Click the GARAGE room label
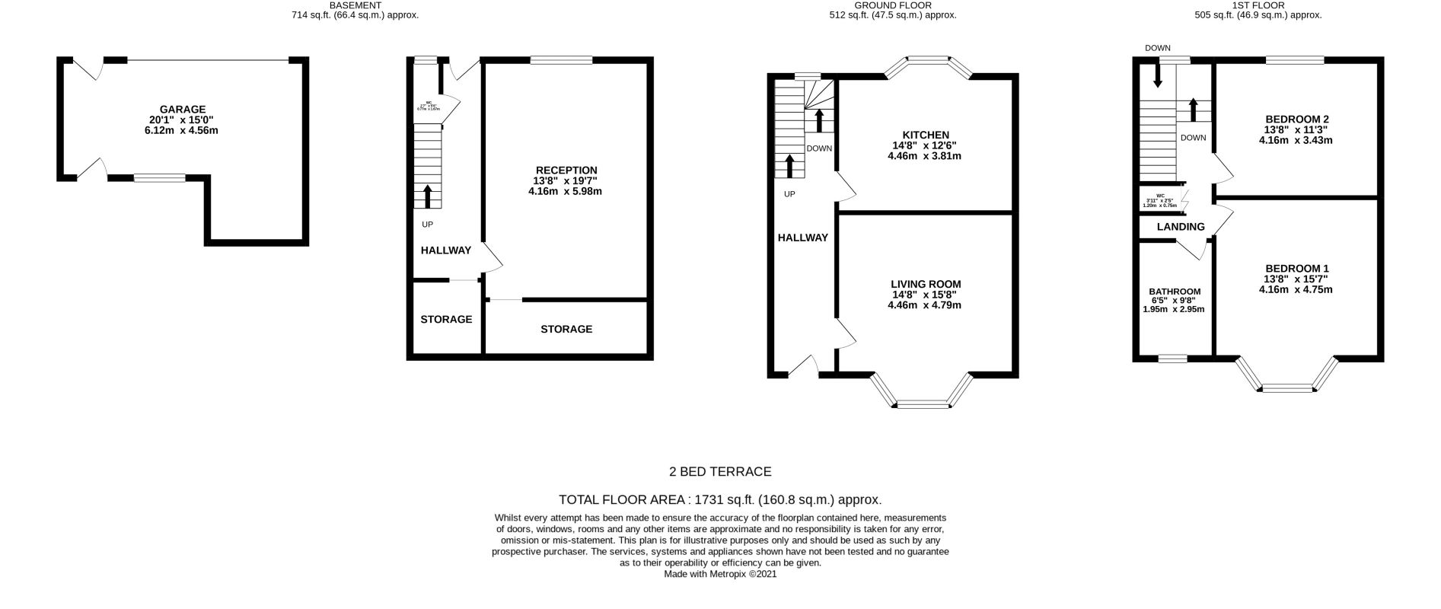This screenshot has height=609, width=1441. click(x=183, y=110)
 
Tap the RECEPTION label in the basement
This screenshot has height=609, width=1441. click(x=566, y=170)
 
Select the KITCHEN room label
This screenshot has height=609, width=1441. click(x=925, y=135)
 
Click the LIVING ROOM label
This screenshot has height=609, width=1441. click(x=925, y=284)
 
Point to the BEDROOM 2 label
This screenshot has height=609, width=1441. click(x=1296, y=119)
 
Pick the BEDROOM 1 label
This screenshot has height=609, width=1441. click(x=1296, y=268)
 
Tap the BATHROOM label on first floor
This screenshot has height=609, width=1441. click(x=1174, y=292)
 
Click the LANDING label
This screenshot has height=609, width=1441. click(x=1181, y=227)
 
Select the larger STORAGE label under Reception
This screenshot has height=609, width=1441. click(x=566, y=329)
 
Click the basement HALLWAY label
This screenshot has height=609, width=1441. click(x=446, y=250)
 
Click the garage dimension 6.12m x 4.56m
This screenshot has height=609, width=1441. click(x=183, y=131)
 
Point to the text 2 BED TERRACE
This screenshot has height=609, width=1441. click(x=720, y=471)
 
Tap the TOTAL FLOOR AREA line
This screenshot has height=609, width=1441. click(x=720, y=499)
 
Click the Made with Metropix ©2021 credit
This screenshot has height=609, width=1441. click(x=720, y=575)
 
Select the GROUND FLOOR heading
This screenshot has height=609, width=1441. click(x=894, y=5)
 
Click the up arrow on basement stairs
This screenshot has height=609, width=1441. click(x=427, y=196)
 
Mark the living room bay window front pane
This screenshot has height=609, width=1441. click(x=923, y=404)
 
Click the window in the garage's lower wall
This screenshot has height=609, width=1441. click(x=160, y=178)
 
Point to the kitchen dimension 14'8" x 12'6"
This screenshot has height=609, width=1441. click(x=925, y=145)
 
